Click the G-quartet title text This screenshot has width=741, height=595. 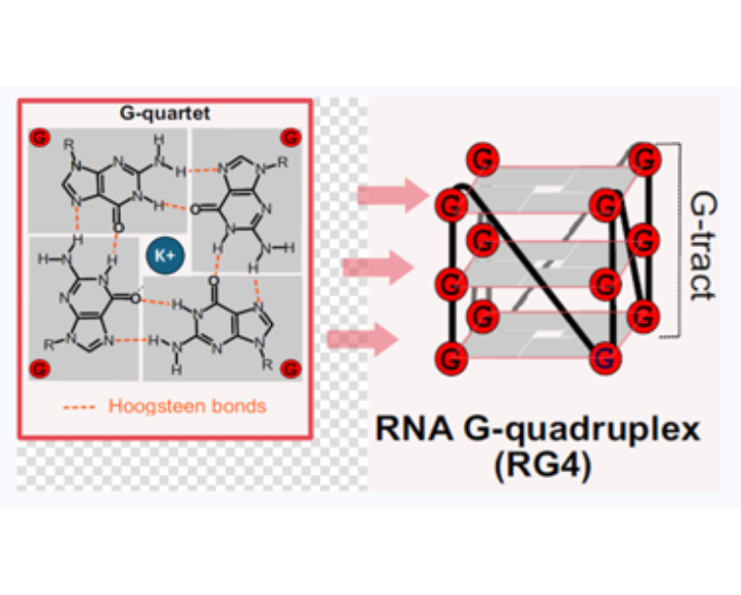164,113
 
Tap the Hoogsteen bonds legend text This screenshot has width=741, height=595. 186,406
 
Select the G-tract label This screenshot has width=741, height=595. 702,245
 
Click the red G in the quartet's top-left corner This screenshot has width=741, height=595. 41,136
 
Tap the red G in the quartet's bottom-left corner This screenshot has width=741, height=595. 40,369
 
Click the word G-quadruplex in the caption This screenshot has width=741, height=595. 587,430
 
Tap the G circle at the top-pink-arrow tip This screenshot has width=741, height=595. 449,205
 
